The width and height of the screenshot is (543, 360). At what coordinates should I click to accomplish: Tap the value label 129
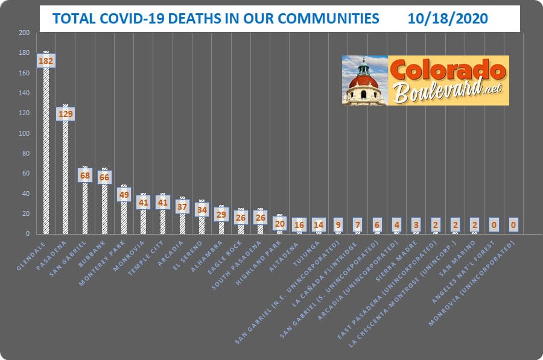65,114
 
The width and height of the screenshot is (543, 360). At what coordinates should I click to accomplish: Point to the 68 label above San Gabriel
84,175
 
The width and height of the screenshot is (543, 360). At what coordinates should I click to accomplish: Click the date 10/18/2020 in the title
446,19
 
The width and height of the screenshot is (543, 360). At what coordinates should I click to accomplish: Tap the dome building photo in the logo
364,81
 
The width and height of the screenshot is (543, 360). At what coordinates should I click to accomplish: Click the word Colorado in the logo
447,71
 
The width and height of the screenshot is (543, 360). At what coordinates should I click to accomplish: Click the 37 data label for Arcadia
182,206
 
